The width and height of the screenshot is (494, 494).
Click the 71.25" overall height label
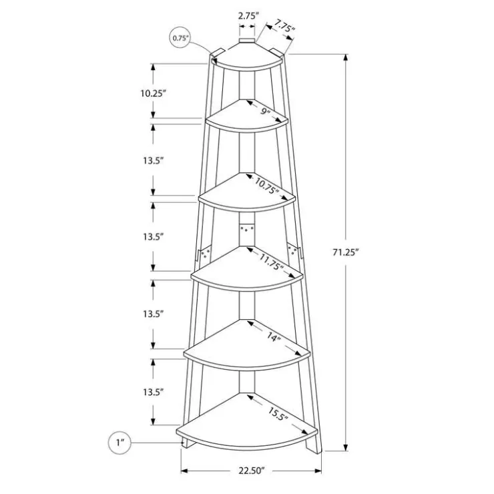[346, 252]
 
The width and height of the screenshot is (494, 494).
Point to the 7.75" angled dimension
[284, 26]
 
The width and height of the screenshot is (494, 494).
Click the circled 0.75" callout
[180, 38]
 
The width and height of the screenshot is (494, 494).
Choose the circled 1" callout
[119, 443]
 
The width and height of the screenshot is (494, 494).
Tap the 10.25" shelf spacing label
[153, 93]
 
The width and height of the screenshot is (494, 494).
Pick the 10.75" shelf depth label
[267, 186]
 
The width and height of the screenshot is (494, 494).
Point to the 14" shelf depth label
[274, 337]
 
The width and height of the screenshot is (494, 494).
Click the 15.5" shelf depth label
[278, 414]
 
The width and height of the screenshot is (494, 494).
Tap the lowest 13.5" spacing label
[153, 393]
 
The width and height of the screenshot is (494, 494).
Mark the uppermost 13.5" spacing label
[153, 161]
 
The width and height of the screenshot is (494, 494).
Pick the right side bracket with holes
[294, 251]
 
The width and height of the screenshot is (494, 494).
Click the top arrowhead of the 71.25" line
[346, 57]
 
